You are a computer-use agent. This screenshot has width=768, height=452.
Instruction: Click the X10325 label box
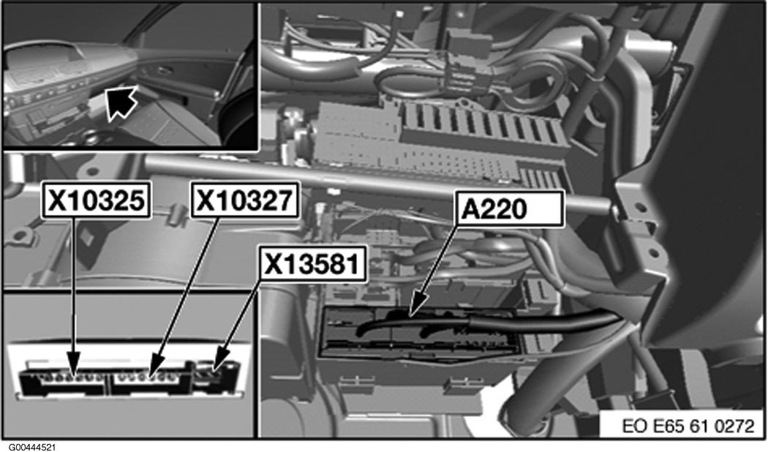click(x=97, y=200)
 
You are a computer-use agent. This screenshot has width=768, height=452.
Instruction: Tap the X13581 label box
click(x=312, y=265)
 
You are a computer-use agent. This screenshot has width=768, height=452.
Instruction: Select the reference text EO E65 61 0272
click(x=688, y=426)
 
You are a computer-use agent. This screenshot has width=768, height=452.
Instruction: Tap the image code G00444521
click(x=28, y=447)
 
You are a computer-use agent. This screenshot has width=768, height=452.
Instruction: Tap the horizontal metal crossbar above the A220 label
click(x=377, y=183)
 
